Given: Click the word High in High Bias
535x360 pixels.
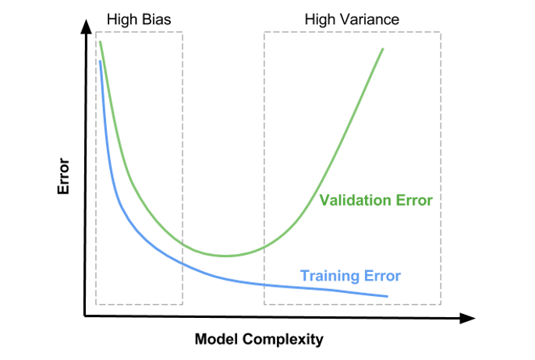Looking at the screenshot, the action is (122, 19).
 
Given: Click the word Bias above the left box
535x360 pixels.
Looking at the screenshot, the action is (156, 19).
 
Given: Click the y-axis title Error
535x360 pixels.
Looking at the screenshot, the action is (63, 176).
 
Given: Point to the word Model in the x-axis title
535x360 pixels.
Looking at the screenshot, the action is (216, 339).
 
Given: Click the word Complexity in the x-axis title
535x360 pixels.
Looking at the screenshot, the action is (283, 340).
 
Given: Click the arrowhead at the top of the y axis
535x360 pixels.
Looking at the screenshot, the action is (87, 26).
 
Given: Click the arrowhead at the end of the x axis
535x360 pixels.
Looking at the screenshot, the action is (468, 318).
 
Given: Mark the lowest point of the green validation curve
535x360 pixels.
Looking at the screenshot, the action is (225, 256).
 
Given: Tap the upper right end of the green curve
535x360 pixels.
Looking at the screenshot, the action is (383, 49).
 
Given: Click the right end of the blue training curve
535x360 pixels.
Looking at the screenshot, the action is (388, 296).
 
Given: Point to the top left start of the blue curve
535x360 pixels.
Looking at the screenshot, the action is (100, 61).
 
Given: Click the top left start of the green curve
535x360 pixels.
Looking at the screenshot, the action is (100, 41).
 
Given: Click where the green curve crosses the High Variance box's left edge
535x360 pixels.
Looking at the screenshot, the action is (264, 247).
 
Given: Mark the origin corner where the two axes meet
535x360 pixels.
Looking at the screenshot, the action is (84, 316).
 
